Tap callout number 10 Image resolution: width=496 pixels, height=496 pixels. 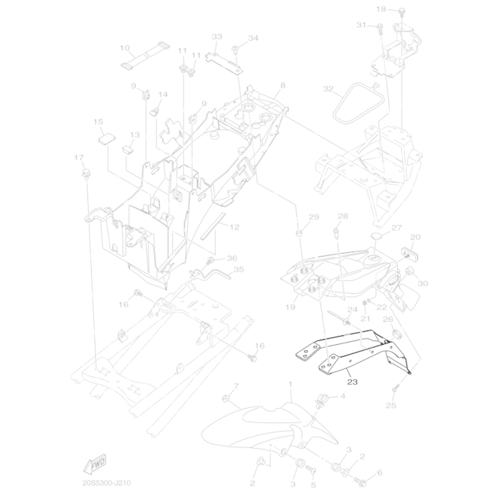[124, 48]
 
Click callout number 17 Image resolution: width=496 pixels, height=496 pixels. [79, 157]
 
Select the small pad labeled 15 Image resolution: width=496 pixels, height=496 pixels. [105, 137]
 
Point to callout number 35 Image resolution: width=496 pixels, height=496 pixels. [239, 270]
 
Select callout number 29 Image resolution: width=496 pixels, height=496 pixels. [313, 217]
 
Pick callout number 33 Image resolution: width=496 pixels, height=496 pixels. [217, 37]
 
